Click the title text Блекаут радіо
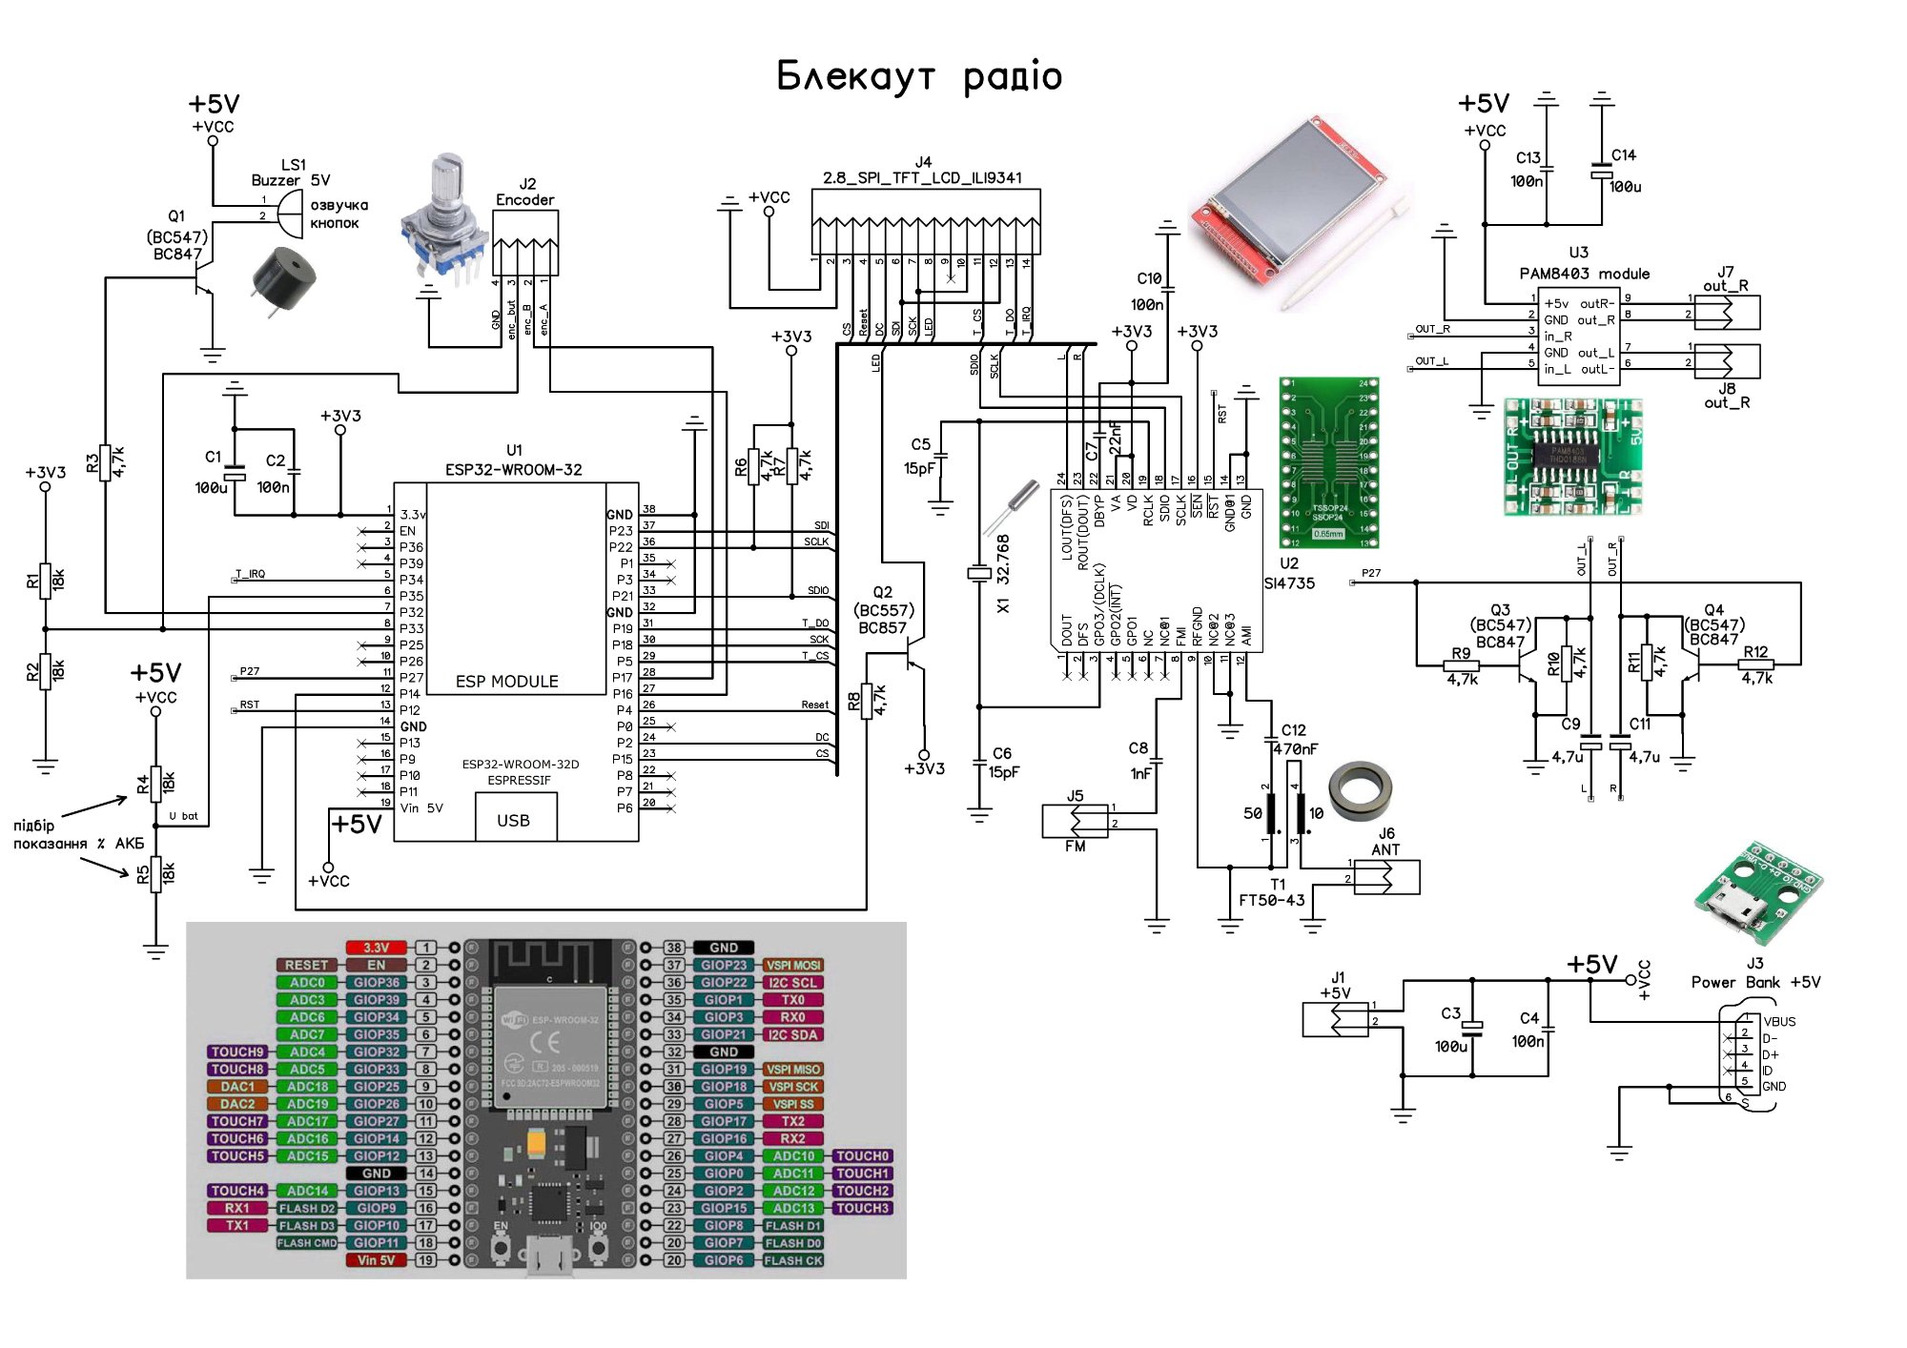click(x=919, y=76)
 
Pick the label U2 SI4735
click(x=1289, y=573)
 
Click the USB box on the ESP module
click(x=515, y=818)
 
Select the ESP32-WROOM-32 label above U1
click(x=513, y=469)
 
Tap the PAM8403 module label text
click(x=1584, y=274)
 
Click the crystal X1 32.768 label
click(x=1002, y=572)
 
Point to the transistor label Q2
click(x=883, y=592)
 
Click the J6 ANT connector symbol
click(x=1386, y=876)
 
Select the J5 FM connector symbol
click(x=1076, y=821)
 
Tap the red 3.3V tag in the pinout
click(x=376, y=948)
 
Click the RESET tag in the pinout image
click(x=306, y=965)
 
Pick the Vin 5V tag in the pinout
click(x=376, y=1260)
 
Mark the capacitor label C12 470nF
click(x=1294, y=740)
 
